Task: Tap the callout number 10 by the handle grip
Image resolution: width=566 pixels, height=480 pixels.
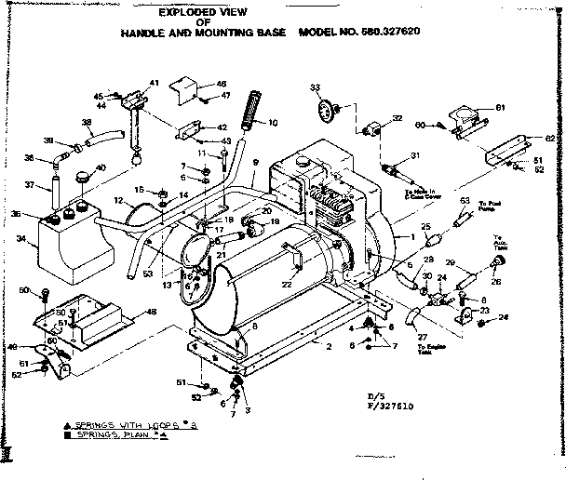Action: [273, 123]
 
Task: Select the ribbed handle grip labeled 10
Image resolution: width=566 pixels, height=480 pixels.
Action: [250, 109]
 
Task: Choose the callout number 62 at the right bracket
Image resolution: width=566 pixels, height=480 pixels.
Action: [548, 140]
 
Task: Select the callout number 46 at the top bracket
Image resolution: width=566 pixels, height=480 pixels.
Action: [221, 83]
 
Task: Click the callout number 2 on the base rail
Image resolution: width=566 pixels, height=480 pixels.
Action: [329, 347]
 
